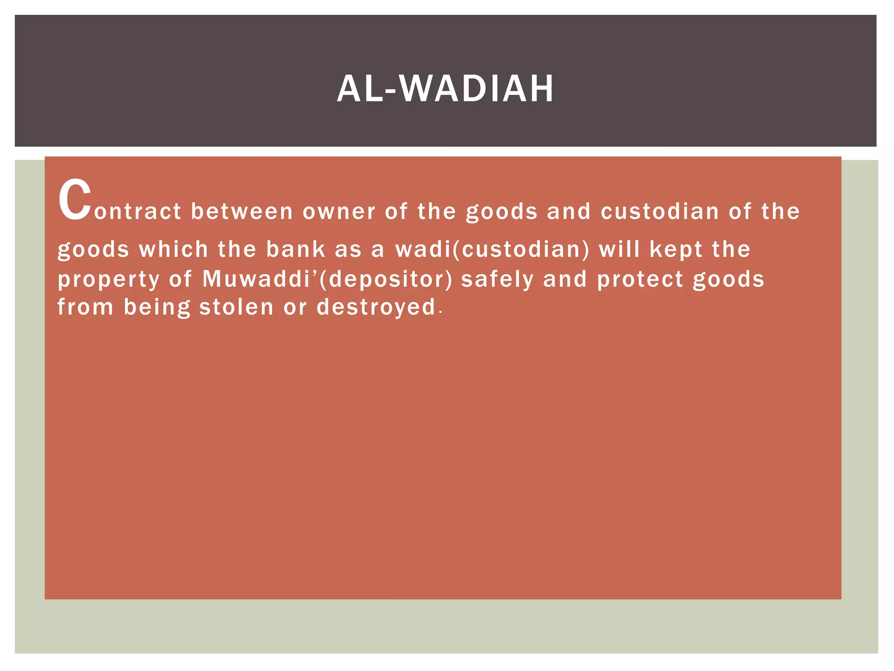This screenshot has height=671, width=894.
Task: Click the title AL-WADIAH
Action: pos(445,89)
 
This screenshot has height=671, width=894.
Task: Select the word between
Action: pos(242,212)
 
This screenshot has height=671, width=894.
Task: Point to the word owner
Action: pos(339,212)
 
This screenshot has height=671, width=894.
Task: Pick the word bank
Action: pos(296,249)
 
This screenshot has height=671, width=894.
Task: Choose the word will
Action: pos(619,249)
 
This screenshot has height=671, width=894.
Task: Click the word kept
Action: pos(676,250)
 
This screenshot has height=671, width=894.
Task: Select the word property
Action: pos(109,280)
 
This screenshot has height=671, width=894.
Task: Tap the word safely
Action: pos(497,280)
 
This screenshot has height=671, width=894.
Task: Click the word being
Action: pos(157,308)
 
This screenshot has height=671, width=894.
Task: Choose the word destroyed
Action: pos(376,308)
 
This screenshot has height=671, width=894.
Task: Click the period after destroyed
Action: pos(441,312)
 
